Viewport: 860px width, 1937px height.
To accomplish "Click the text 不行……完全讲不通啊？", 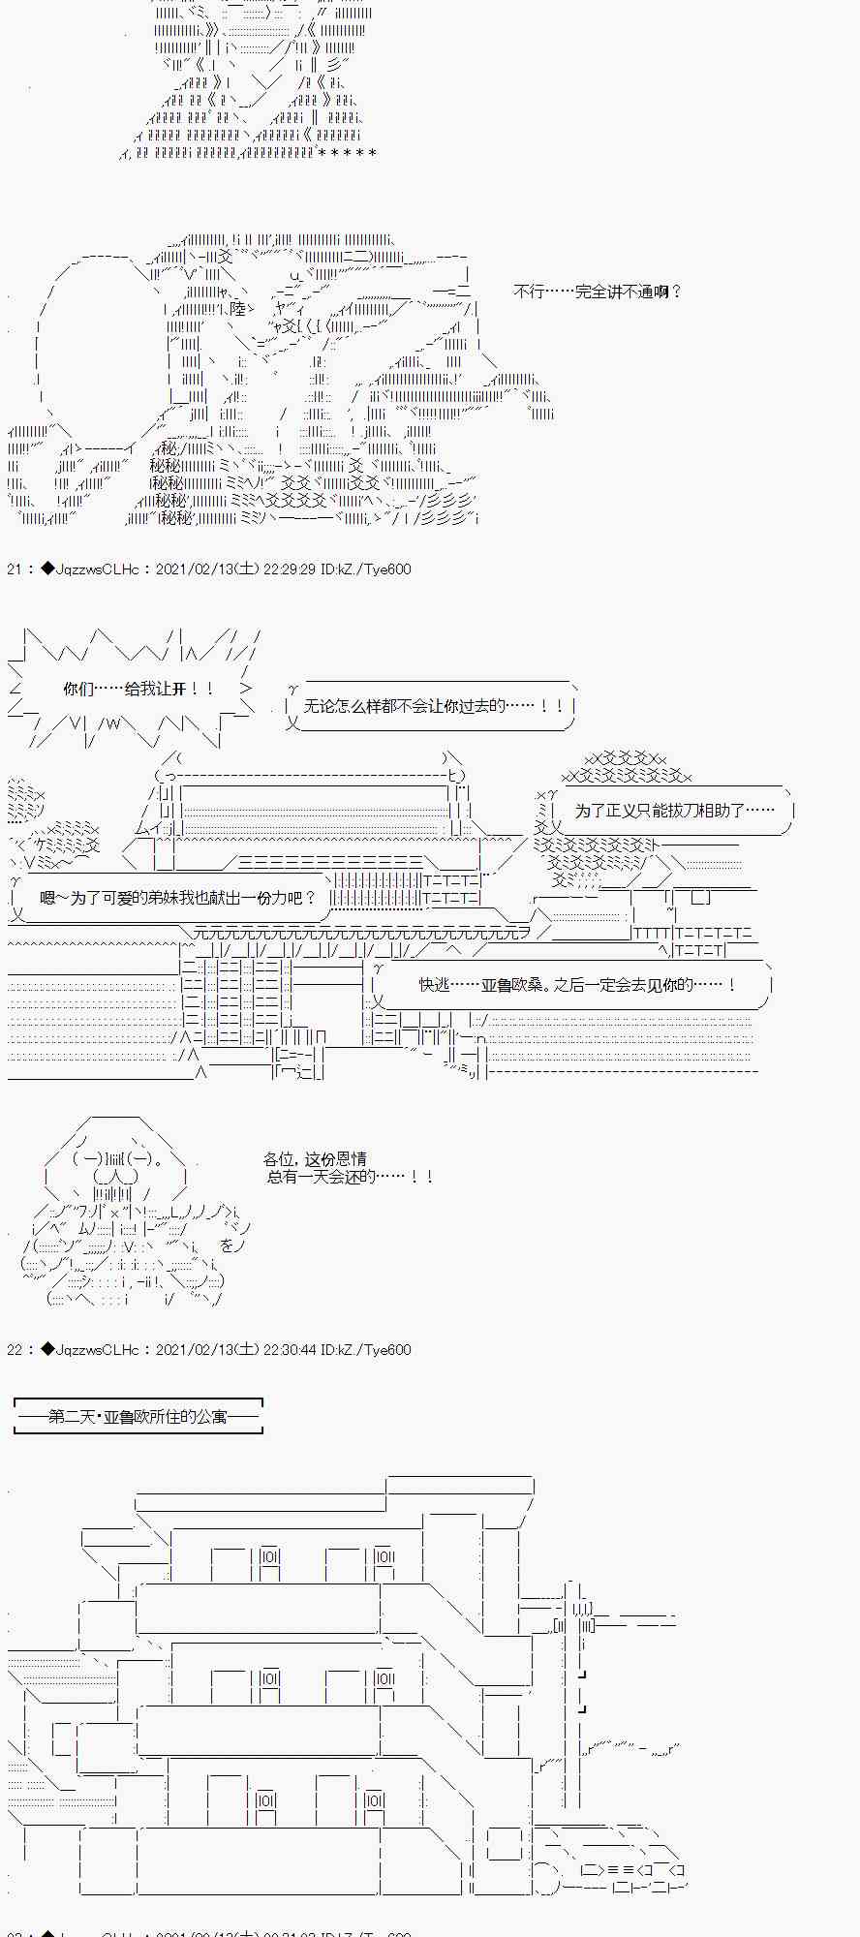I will (x=598, y=292).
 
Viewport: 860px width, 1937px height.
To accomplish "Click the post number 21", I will (x=15, y=569).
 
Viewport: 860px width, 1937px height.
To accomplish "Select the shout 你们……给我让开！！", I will (x=138, y=689).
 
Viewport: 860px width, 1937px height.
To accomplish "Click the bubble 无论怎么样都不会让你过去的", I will (x=433, y=706).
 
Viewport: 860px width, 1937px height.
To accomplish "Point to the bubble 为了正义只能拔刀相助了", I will (x=674, y=811).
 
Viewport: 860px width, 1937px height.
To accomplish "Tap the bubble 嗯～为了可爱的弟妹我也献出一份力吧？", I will (x=178, y=898).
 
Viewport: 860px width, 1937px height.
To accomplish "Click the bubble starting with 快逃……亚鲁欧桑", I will (x=577, y=984).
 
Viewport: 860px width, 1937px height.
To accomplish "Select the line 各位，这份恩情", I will (x=314, y=1158).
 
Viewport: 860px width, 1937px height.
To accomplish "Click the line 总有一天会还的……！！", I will (x=350, y=1177).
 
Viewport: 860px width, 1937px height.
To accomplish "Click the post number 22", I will (x=15, y=1349).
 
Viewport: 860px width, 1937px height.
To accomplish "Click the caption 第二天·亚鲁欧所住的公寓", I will (x=138, y=1416).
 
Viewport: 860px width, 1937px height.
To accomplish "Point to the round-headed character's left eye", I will (x=88, y=1158).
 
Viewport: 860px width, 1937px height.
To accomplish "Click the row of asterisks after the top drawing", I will (x=346, y=153).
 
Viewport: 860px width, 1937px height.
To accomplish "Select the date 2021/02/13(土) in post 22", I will (x=206, y=1349).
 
